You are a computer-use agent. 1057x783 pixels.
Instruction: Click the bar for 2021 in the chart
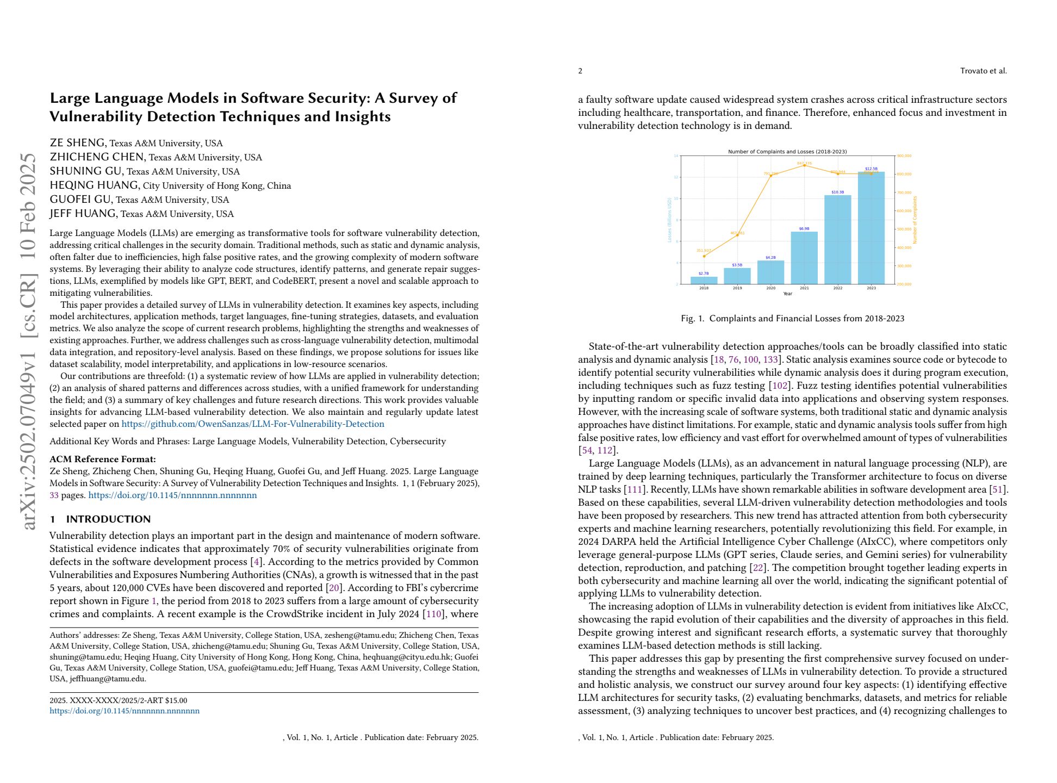(804, 258)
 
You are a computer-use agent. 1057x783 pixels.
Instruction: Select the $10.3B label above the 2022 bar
(837, 192)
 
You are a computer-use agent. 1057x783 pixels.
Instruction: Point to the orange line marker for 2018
(704, 256)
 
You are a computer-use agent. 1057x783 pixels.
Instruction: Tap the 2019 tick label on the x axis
(737, 288)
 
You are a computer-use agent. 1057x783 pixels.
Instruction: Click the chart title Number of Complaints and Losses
(787, 152)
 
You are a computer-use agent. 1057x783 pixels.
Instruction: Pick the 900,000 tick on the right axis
(904, 156)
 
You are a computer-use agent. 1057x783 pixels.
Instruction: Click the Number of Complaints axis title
(915, 220)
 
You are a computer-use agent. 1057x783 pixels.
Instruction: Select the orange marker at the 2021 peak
(804, 165)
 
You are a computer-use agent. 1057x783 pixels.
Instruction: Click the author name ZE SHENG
(77, 143)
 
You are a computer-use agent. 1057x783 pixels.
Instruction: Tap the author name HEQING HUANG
(94, 185)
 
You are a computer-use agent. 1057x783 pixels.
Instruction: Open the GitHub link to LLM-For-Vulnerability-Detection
(252, 424)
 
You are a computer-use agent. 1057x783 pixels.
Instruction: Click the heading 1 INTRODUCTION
(100, 519)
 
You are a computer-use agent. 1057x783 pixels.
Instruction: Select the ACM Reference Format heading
(103, 459)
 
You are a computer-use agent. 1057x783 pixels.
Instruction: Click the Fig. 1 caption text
(792, 318)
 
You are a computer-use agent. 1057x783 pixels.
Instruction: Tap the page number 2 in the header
(580, 71)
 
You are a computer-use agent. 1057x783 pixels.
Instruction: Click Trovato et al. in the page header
(983, 71)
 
